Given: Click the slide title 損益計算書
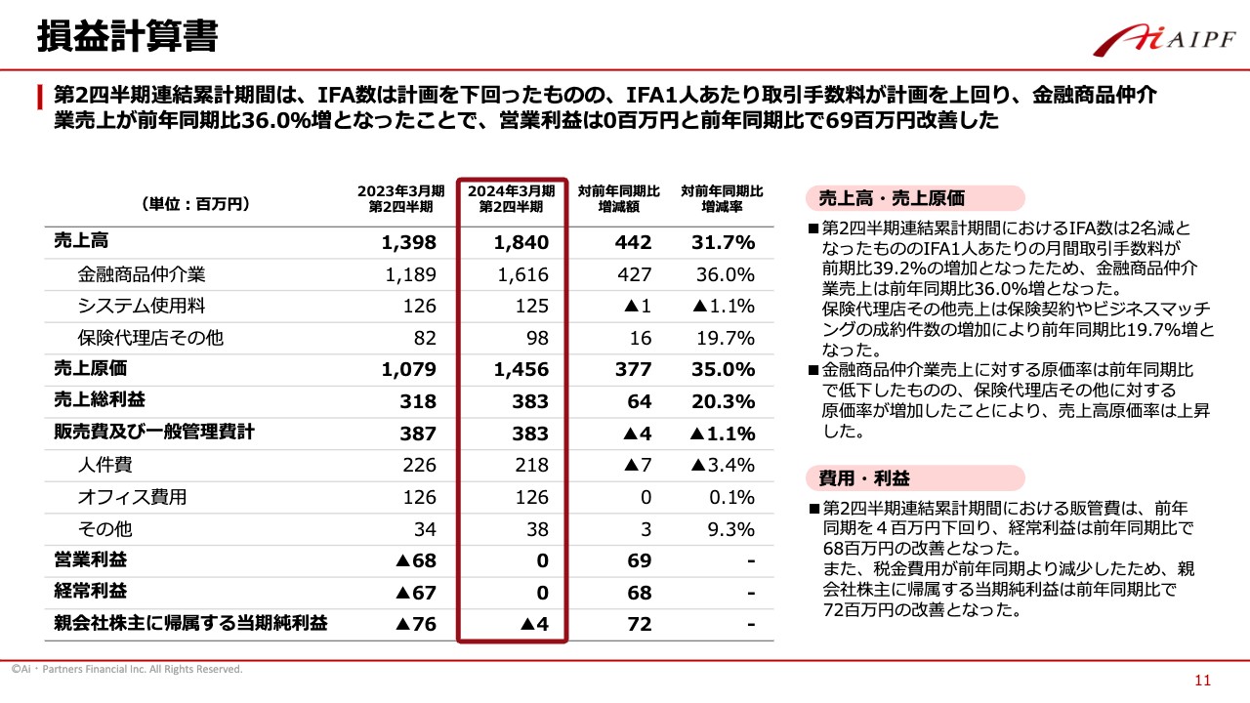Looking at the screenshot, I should pos(127,36).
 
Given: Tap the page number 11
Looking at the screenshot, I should pos(1202,681).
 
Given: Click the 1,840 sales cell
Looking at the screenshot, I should pos(521,243).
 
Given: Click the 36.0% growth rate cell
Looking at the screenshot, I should pos(726,275).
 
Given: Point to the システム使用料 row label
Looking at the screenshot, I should pos(142,307).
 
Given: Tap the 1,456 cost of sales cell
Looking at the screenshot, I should pos(521,370).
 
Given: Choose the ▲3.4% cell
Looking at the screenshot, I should pos(723,465).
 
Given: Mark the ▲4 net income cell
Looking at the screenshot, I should pos(532,624).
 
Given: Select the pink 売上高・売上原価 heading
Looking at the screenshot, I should pos(886,198).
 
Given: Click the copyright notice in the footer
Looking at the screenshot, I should pos(127,670).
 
